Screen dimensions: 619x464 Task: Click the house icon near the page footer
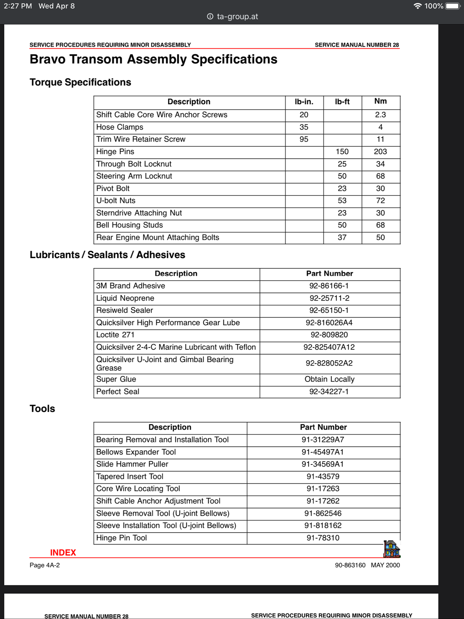392,549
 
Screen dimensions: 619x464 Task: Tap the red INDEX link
63,552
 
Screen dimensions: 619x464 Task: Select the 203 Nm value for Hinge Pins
380,152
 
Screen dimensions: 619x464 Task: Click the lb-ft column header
342,102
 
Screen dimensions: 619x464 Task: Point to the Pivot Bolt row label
113,188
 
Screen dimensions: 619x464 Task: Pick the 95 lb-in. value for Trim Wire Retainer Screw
304,139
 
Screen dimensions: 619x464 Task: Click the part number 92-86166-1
329,286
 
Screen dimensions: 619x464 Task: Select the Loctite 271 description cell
115,335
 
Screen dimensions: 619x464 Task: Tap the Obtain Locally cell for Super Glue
329,379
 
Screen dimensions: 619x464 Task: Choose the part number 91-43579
323,476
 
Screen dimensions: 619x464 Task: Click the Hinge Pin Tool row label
122,538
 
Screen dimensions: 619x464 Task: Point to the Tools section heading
42,409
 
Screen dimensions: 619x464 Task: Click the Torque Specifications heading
80,82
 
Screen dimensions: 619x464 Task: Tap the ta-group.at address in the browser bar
237,16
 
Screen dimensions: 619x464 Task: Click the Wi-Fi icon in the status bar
418,6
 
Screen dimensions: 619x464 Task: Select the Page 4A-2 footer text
45,565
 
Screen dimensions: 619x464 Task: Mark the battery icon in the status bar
453,6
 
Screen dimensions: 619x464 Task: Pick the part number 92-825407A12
329,347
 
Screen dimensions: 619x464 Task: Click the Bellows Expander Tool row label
136,452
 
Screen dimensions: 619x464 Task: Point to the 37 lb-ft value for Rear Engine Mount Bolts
342,237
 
